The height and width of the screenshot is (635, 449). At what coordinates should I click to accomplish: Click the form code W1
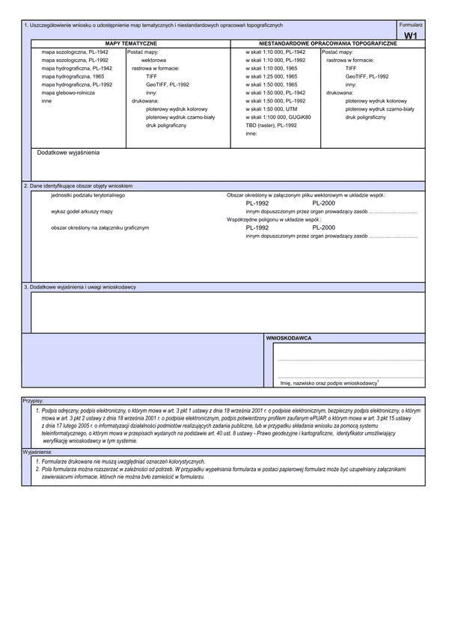410,35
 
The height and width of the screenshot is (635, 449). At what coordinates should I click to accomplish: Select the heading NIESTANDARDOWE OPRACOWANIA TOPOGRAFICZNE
328,44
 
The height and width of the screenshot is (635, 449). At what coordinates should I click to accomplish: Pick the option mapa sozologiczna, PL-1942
76,52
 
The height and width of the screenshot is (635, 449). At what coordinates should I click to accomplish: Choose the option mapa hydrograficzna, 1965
73,76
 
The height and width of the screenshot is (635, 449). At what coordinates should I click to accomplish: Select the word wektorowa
154,60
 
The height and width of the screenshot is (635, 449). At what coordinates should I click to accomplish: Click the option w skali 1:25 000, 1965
271,76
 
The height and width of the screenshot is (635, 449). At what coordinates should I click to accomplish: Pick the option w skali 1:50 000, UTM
270,108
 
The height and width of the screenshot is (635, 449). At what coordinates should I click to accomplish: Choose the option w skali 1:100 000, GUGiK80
278,117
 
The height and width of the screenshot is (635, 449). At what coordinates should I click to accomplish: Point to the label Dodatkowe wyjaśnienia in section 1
68,152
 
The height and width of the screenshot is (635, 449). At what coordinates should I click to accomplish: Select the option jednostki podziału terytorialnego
88,194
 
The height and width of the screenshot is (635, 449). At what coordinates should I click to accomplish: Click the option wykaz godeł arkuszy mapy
82,211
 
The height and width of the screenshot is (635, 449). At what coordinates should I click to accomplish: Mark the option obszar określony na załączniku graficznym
100,227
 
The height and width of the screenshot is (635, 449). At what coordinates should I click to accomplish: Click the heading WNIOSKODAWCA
289,338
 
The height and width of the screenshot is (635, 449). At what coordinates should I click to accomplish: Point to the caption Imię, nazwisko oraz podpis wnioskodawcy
329,382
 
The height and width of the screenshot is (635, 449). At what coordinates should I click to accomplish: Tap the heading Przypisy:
33,401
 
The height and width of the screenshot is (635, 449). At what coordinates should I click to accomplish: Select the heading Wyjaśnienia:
37,453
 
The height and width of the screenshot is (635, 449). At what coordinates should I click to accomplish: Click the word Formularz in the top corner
411,25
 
